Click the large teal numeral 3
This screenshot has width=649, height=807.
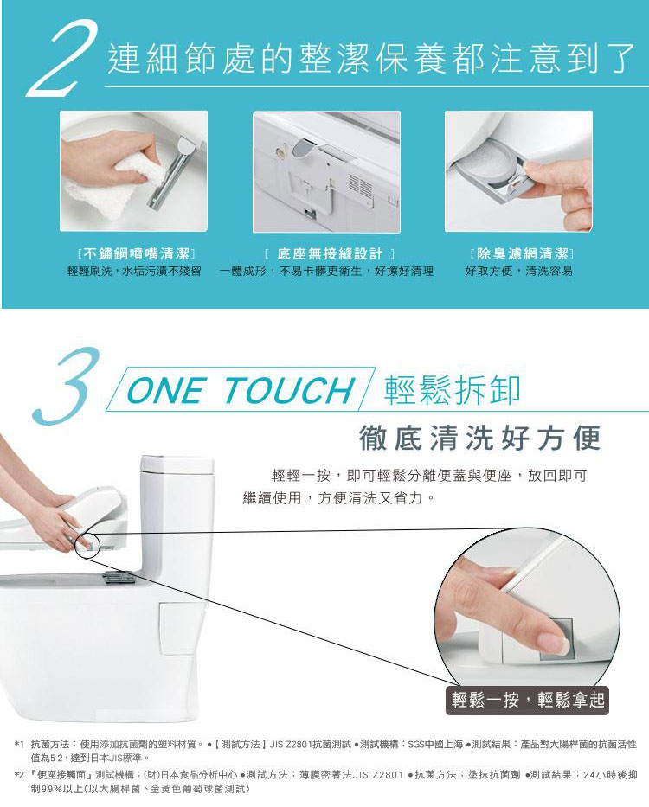click(x=67, y=387)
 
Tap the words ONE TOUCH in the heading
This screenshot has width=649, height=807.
click(x=241, y=390)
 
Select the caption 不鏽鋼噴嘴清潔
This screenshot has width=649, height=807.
click(x=136, y=253)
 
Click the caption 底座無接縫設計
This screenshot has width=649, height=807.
click(x=330, y=253)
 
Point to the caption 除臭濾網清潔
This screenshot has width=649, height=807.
click(x=523, y=253)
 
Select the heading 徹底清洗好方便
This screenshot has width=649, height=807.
click(x=479, y=439)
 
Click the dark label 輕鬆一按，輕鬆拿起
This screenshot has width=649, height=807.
click(x=527, y=701)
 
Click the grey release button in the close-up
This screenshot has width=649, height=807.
click(x=557, y=640)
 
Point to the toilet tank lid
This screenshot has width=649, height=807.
click(x=177, y=464)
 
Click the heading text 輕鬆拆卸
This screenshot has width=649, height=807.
click(x=453, y=389)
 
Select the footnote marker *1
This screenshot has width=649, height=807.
click(x=19, y=745)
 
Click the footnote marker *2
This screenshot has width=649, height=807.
click(x=19, y=775)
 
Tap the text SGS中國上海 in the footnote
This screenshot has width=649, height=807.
click(x=435, y=744)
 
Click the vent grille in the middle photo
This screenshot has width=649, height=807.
click(x=360, y=185)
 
